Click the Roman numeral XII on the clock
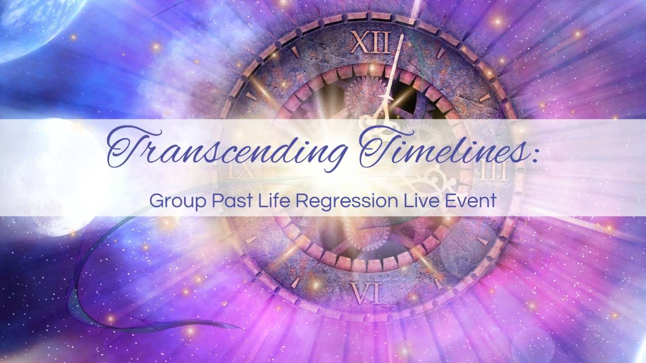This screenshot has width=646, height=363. tap(371, 42)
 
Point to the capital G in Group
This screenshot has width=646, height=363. tap(156, 201)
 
